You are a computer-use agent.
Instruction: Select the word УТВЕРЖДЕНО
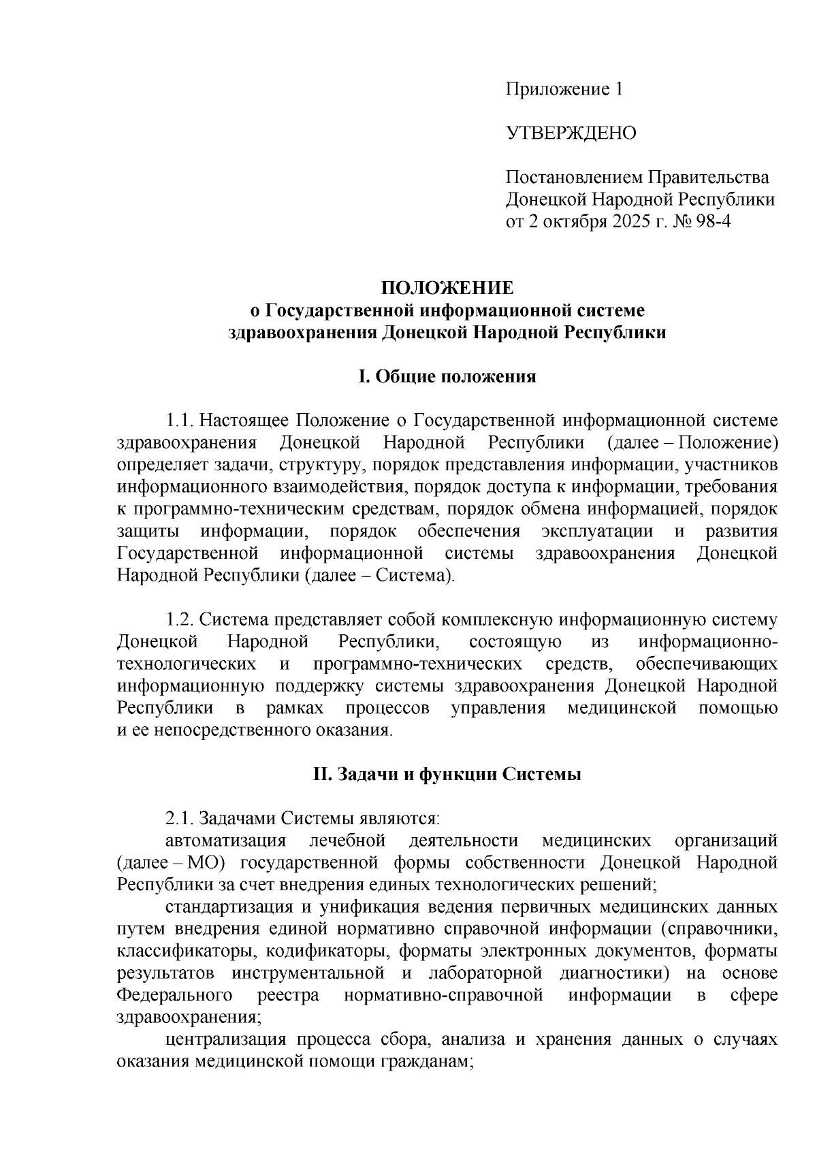[571, 133]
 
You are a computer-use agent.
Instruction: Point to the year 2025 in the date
[634, 222]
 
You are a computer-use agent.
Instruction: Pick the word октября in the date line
[571, 222]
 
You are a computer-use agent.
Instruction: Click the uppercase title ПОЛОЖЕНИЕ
[447, 288]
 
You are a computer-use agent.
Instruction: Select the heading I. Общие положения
[447, 376]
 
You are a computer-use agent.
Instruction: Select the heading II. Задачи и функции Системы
[447, 775]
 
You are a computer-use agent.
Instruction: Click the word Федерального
[175, 996]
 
